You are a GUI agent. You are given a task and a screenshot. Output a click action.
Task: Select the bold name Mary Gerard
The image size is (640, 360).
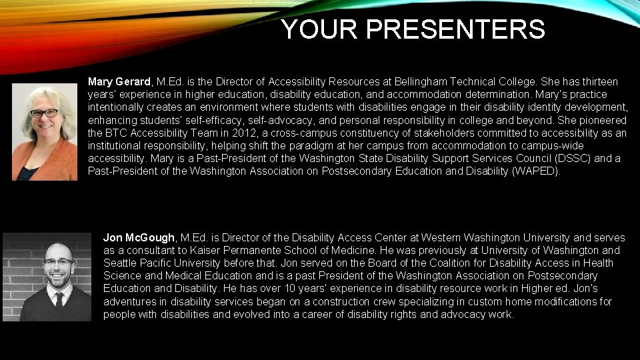click(x=119, y=82)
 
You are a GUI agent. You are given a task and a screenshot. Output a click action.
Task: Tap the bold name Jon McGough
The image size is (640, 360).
click(x=139, y=238)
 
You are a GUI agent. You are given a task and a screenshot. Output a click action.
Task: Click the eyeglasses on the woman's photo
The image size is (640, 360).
click(x=44, y=113)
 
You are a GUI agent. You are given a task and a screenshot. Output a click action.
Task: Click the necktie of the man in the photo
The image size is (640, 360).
click(x=58, y=299)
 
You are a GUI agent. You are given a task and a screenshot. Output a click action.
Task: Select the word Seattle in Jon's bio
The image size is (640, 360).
click(x=121, y=263)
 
